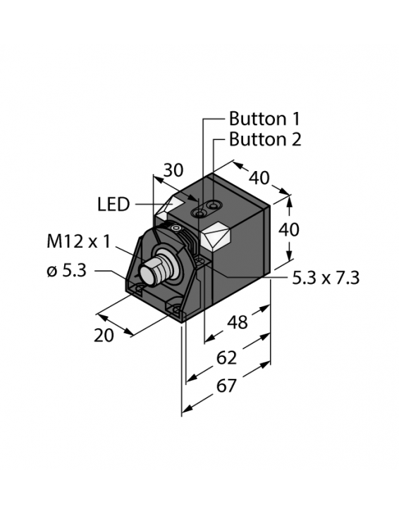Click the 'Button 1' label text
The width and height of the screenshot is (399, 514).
point(265,118)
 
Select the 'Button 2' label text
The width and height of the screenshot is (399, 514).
point(265,139)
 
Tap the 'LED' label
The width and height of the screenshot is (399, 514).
point(113,205)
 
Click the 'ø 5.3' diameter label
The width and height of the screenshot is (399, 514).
point(66,270)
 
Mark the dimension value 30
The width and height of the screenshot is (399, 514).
point(173,170)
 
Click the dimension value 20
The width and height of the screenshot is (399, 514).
point(104,335)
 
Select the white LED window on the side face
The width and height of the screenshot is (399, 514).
point(216,237)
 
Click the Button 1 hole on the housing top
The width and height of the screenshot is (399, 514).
point(199,211)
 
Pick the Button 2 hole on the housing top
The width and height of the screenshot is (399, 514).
point(211,205)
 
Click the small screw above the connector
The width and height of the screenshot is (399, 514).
point(177,228)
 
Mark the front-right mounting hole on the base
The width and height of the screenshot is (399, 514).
point(173,307)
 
